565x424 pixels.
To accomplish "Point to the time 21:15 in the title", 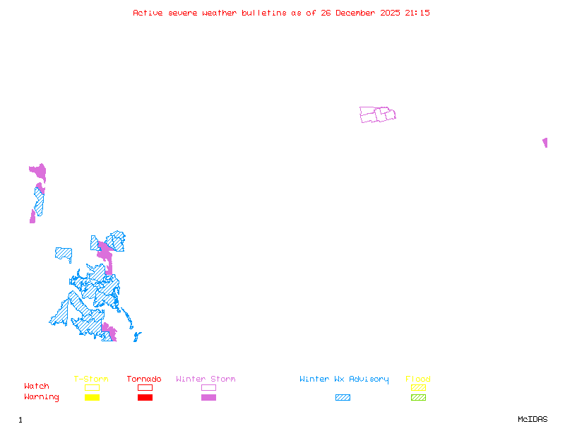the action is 417,13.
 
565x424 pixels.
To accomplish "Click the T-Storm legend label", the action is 91,379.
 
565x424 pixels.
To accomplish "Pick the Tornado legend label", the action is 144,379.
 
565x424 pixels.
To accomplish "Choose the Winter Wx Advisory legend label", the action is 344,379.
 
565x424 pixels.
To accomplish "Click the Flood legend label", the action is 418,379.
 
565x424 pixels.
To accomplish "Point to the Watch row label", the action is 37,387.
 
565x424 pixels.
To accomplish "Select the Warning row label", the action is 42,397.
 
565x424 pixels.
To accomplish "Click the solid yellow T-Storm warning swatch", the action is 92,398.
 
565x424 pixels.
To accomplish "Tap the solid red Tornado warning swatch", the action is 145,398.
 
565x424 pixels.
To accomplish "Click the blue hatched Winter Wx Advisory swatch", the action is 343,398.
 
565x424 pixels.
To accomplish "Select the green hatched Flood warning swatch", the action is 418,398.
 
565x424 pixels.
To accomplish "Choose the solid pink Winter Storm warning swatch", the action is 208,398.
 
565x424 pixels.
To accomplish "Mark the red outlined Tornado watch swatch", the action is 145,387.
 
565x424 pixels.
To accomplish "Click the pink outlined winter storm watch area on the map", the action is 377,114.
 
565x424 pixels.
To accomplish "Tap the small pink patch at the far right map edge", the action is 545,142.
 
